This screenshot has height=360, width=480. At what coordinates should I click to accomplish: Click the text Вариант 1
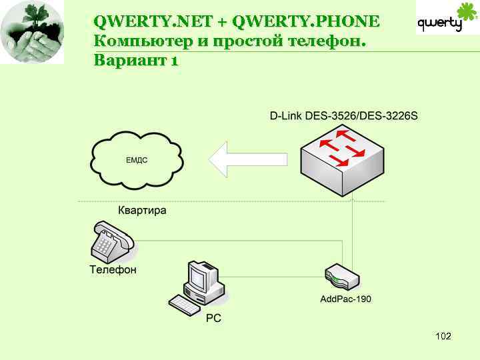pyautogui.click(x=136, y=61)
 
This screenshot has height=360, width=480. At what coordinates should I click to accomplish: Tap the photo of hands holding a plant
pyautogui.click(x=32, y=33)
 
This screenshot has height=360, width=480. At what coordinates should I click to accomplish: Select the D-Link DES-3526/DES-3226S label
pyautogui.click(x=343, y=116)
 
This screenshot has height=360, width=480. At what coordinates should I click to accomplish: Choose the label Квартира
pyautogui.click(x=142, y=211)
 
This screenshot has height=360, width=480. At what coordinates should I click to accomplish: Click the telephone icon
pyautogui.click(x=112, y=243)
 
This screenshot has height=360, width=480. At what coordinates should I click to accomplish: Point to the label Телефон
pyautogui.click(x=113, y=270)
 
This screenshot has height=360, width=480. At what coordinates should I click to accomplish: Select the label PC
pyautogui.click(x=213, y=319)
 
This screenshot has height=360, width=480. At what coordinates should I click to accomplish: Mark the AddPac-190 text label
pyautogui.click(x=346, y=299)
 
